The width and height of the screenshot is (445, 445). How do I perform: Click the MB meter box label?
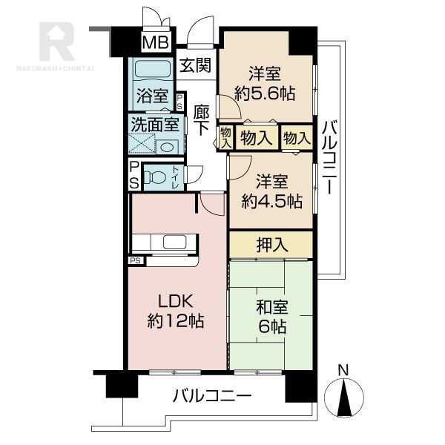(x=156, y=42)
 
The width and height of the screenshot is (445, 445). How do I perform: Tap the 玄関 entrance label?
(x=196, y=65)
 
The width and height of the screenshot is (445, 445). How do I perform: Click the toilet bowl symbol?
(x=155, y=177)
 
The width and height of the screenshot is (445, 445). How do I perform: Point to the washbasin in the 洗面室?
(x=168, y=147)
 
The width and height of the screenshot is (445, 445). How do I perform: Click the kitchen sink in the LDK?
(x=175, y=242)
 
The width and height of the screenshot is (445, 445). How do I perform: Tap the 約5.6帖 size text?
(x=265, y=93)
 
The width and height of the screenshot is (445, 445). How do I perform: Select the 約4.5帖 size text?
(x=271, y=201)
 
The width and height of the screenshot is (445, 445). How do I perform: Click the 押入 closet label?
(x=271, y=245)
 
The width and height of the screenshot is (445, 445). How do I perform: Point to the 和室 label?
(x=272, y=307)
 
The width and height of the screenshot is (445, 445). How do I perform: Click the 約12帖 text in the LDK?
(x=176, y=321)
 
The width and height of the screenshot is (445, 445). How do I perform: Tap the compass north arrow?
(x=345, y=398)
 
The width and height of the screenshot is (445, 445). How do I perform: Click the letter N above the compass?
(x=343, y=370)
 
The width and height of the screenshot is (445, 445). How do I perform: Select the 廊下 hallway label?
(x=202, y=120)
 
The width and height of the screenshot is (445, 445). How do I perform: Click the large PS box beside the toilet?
(x=134, y=175)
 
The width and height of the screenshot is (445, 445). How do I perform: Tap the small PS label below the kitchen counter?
(x=136, y=260)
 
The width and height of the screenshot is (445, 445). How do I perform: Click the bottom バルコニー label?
(x=212, y=395)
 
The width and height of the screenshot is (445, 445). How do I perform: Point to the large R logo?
(x=57, y=42)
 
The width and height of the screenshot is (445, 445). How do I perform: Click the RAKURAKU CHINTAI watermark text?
(x=56, y=68)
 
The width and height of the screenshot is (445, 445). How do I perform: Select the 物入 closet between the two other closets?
(x=257, y=138)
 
